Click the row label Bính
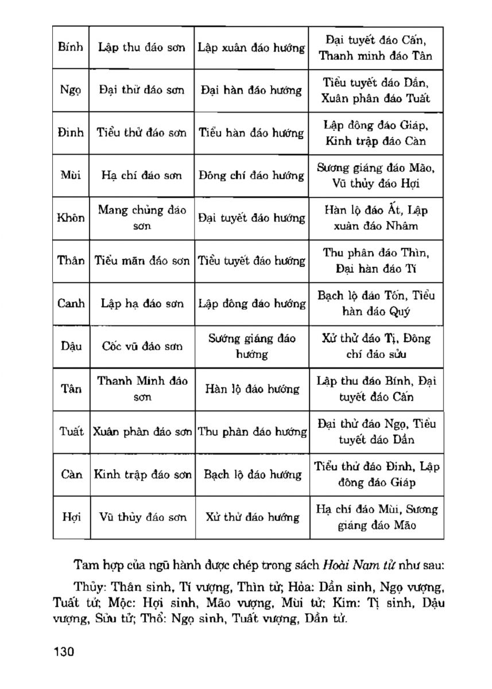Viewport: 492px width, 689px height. pos(71,48)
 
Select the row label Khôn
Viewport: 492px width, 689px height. pos(71,218)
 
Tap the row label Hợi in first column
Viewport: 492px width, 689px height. pos(71,517)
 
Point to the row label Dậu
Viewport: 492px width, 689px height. pos(71,346)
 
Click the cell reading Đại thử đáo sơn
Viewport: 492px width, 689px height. pos(141,90)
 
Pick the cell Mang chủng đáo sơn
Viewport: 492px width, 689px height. pos(141,218)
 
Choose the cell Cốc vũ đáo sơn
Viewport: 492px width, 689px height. pos(141,346)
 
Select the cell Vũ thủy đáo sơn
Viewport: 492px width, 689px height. pos(141,517)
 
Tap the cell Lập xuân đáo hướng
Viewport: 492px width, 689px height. pos(251,48)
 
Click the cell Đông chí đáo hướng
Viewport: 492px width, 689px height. pos(251,176)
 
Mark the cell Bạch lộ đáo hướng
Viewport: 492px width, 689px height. pos(251,475)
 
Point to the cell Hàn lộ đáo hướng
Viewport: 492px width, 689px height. pos(251,389)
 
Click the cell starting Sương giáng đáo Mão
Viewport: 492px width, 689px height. pos(376,176)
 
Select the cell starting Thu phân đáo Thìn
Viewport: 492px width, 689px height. pos(376,261)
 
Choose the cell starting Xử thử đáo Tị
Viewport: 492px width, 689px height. pos(376,346)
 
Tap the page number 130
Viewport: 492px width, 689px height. pos(64,652)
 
